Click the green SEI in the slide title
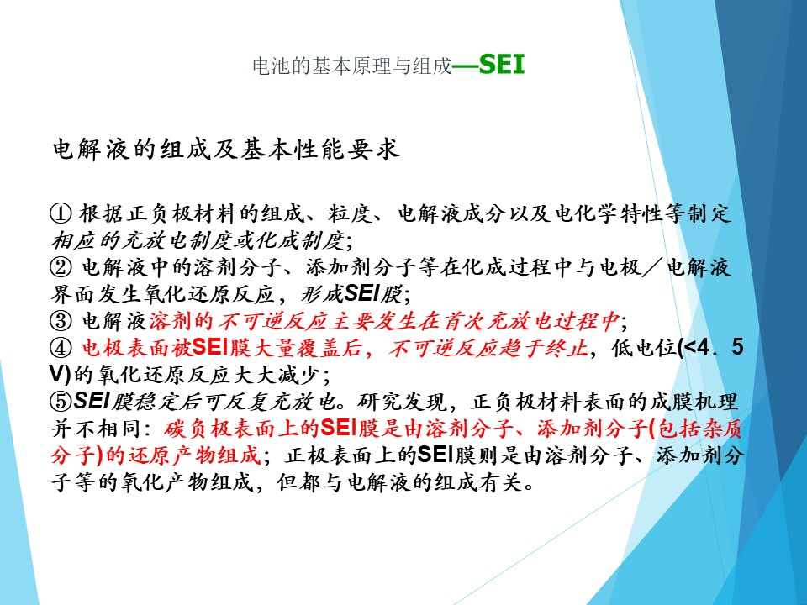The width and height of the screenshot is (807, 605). click(502, 65)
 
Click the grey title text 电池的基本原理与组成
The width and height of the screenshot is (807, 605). click(352, 66)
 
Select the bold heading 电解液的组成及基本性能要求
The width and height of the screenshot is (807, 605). click(226, 150)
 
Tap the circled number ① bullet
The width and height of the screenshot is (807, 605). click(61, 213)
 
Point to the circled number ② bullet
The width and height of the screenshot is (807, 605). click(61, 267)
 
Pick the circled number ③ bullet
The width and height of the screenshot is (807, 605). click(61, 321)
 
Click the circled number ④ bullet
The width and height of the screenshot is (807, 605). click(61, 348)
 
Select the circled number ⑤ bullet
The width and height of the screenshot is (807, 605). click(61, 402)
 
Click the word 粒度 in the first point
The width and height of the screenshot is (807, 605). click(351, 213)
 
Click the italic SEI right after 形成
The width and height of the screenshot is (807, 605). click(361, 294)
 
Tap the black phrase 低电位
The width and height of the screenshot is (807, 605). click(645, 348)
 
